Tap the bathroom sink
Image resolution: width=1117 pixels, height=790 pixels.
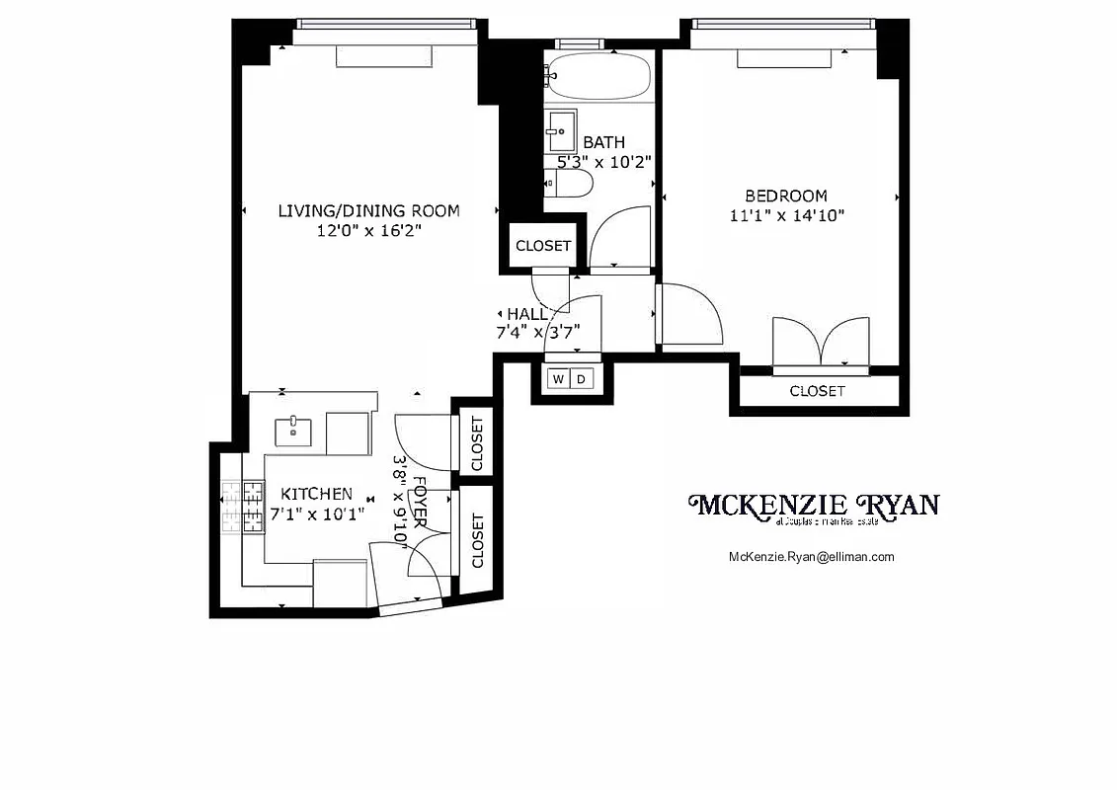[x=560, y=129]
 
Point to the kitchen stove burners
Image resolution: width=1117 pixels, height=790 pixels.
[x=243, y=507]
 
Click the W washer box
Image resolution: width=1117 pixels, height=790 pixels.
[x=557, y=379]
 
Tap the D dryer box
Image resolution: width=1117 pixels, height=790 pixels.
[x=582, y=379]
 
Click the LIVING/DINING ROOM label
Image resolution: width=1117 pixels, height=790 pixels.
[x=368, y=210]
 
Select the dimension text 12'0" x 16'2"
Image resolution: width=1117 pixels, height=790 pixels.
[x=368, y=231]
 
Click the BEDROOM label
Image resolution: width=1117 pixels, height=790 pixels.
[x=786, y=196]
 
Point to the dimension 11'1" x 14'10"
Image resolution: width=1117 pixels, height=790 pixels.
[x=786, y=215]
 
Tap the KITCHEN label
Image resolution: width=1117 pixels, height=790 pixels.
[x=316, y=494]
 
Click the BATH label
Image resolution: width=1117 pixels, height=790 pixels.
[x=603, y=142]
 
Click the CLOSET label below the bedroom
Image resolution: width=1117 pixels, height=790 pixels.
[x=817, y=391]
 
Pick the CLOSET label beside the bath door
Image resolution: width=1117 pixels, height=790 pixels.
[x=542, y=245]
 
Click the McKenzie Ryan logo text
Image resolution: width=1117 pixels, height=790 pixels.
[x=813, y=506]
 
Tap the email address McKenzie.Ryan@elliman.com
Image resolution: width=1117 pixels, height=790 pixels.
[x=811, y=556]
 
